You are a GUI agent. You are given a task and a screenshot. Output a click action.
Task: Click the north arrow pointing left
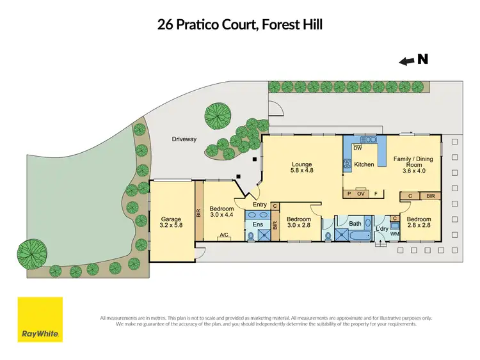click(x=406, y=61)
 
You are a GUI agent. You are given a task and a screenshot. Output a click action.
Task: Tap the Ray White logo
click(x=40, y=320)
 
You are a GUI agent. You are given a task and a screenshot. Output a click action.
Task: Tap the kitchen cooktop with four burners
click(x=349, y=164)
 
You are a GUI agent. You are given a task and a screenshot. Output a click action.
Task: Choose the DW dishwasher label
click(x=358, y=148)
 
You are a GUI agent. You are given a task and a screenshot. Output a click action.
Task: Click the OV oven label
click(x=360, y=192)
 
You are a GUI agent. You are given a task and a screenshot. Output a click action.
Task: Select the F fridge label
click(x=376, y=192)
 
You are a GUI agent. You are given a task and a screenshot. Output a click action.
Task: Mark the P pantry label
click(x=349, y=192)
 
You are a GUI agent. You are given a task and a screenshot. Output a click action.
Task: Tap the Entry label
click(x=259, y=205)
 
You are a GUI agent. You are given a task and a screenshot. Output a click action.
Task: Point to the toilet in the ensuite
click(x=250, y=236)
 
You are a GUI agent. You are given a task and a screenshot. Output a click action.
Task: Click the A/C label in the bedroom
click(x=224, y=235)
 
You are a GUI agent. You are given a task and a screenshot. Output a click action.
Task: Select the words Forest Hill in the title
click(x=294, y=25)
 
